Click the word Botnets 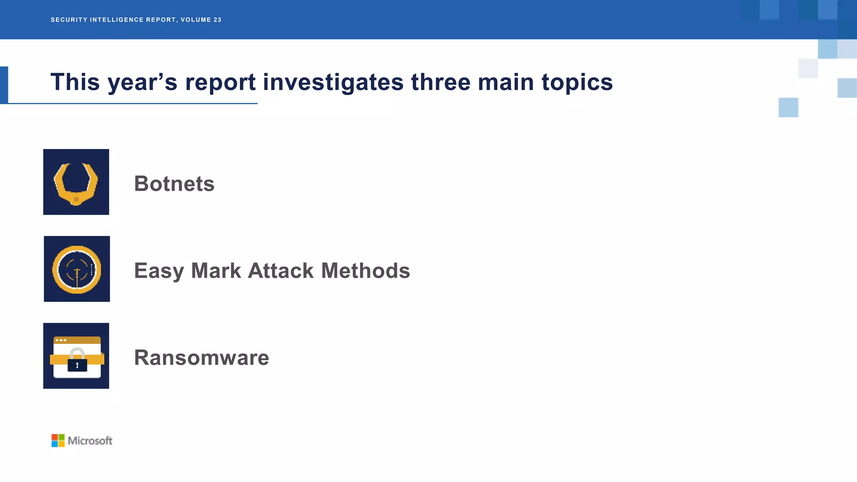point(174,184)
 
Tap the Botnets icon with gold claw point(76,182)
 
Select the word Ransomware point(201,358)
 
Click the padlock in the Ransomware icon point(77,361)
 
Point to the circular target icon point(77,269)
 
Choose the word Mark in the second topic point(216,271)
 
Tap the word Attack point(281,271)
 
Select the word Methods point(365,271)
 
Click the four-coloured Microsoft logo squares point(58,441)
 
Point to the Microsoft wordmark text point(90,441)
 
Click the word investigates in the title point(333,82)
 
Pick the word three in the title point(441,82)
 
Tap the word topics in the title point(577,82)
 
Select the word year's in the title point(143,82)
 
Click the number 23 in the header point(217,20)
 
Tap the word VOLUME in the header point(196,20)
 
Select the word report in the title point(220,82)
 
